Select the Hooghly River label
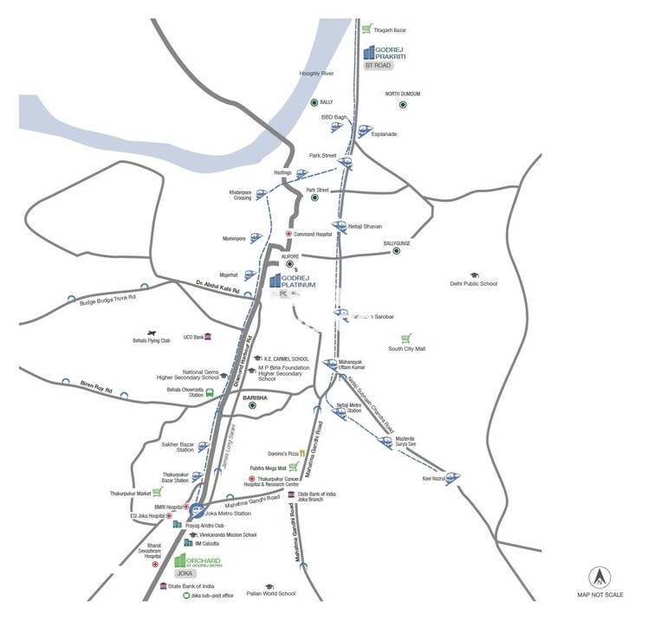click(316, 74)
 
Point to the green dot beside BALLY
click(314, 102)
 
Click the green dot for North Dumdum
click(403, 105)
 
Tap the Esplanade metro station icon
click(364, 131)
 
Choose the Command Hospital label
click(313, 234)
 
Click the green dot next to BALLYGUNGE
click(397, 251)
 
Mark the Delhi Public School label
click(473, 283)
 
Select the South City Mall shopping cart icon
click(405, 338)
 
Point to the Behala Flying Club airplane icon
click(152, 333)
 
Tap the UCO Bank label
click(192, 336)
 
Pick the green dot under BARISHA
click(253, 405)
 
